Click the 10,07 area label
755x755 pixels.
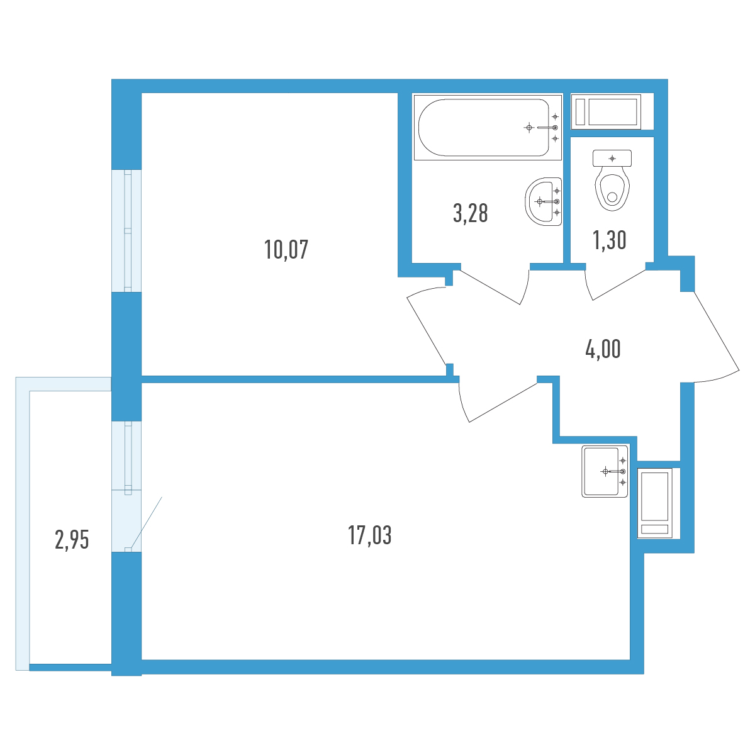pos(286,250)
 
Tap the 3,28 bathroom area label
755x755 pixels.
pos(470,213)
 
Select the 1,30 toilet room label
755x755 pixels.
pos(610,240)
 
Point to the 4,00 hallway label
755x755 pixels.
pos(603,349)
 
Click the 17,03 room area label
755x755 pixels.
pos(369,535)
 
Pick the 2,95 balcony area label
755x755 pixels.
pos(72,539)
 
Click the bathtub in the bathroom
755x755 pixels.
pos(488,127)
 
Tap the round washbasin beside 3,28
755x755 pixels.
pos(544,202)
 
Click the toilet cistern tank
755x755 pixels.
pos(612,159)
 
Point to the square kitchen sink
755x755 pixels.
pos(605,471)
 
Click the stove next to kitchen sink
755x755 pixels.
pos(654,503)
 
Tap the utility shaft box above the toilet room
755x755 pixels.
pos(606,111)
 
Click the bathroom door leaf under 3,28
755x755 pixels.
pos(489,287)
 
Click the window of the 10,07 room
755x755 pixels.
pos(126,231)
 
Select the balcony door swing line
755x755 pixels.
pos(147,523)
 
